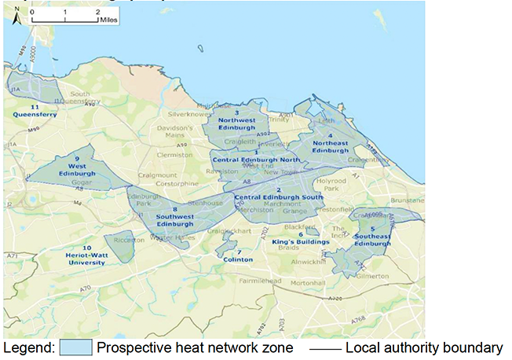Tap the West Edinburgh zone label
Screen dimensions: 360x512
click(x=77, y=169)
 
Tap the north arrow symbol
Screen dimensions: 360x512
click(x=16, y=20)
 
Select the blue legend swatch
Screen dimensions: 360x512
click(x=77, y=347)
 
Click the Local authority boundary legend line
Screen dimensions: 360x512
click(x=320, y=347)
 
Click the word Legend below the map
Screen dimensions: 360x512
click(x=27, y=347)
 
